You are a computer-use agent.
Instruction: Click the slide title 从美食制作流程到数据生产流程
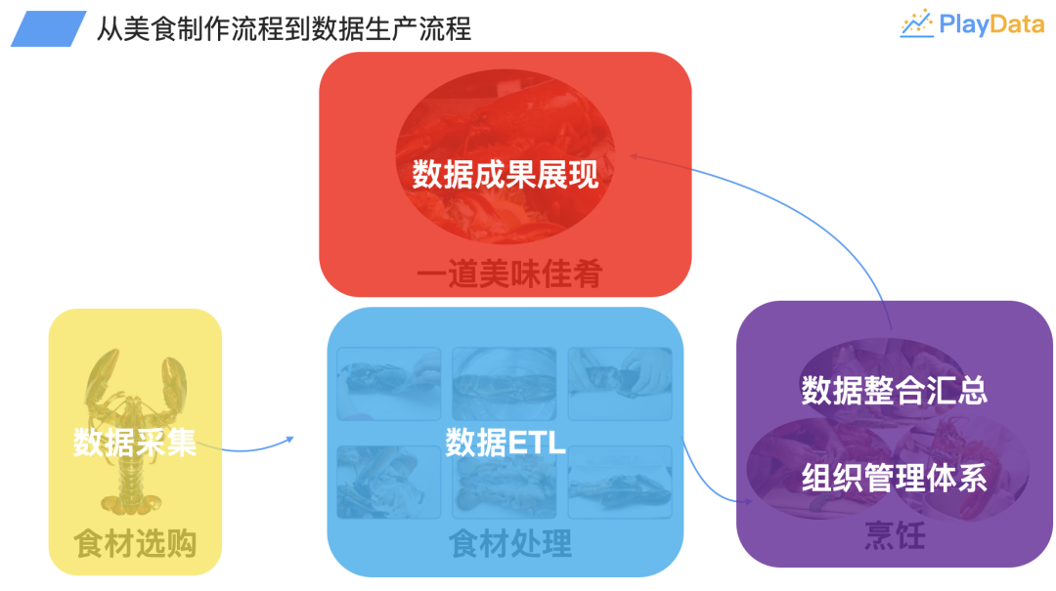tap(284, 28)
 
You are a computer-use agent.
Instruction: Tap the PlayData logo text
tap(991, 24)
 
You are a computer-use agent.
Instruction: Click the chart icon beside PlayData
tap(916, 24)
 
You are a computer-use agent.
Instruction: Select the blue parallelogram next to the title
tap(48, 29)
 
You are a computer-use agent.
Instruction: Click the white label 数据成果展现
tap(505, 175)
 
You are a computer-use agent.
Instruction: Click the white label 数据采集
tap(135, 443)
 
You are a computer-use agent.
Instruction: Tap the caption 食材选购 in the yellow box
tap(135, 543)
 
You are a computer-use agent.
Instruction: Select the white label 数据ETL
tap(506, 443)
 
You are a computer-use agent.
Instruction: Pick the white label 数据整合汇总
tap(894, 390)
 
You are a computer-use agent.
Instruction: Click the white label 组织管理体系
tap(894, 478)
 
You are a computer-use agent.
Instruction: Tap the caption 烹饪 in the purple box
tap(894, 536)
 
